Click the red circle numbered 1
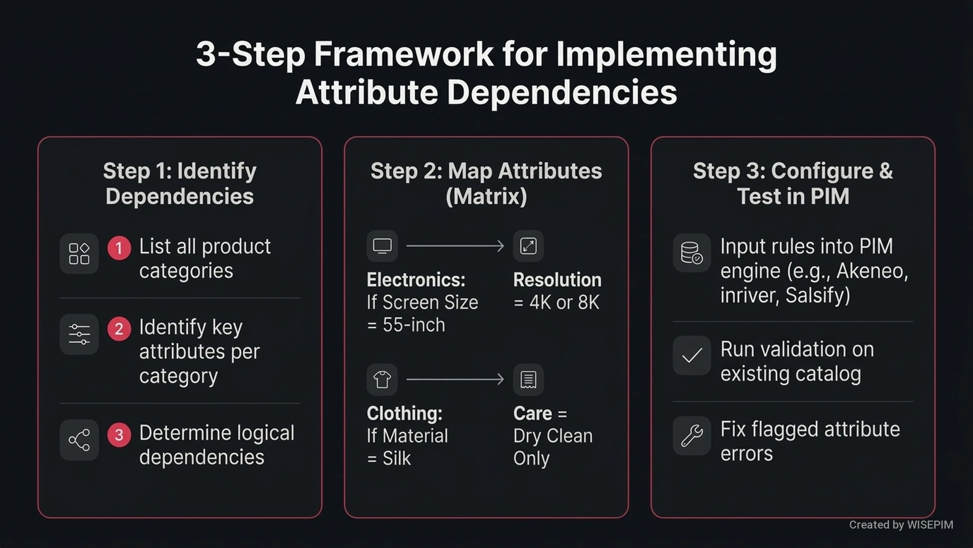119,248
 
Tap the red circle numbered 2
119,329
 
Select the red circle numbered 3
119,435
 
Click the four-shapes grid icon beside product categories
79,254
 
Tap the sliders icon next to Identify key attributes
79,335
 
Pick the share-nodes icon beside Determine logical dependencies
79,440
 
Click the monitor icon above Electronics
382,246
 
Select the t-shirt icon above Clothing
382,379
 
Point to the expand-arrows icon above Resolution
528,246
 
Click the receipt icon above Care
528,379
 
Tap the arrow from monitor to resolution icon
455,246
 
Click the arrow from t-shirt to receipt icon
455,379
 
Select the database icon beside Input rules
692,253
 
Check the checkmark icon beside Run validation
692,356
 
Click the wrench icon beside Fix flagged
692,436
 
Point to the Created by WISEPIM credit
901,525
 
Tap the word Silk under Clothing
396,458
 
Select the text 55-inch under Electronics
414,325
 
